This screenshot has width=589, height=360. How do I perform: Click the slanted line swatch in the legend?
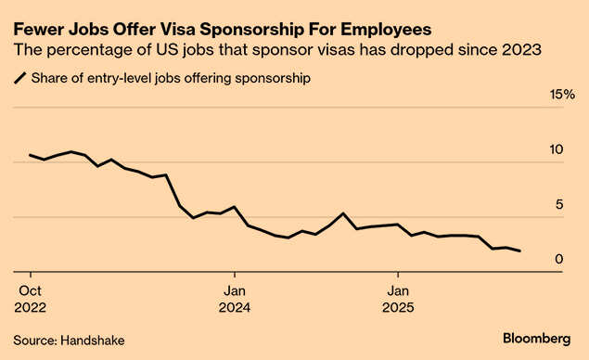click(19, 79)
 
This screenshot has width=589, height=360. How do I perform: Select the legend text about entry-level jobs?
click(171, 79)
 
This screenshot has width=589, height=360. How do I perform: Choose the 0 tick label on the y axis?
click(559, 259)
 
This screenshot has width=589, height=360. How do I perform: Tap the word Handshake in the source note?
click(93, 341)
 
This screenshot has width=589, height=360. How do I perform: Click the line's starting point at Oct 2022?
click(31, 155)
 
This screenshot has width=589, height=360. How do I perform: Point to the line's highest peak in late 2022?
click(71, 151)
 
